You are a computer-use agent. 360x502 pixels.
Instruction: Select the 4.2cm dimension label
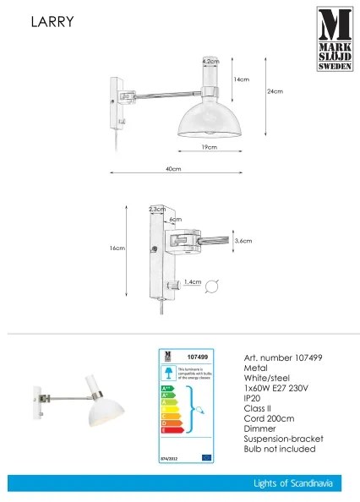[211, 62]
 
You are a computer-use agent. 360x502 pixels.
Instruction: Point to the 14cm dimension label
[243, 79]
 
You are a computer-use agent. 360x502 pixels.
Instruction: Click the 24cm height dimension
[274, 91]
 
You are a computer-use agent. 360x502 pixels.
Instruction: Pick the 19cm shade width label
[209, 146]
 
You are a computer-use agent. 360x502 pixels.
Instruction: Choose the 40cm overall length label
[173, 169]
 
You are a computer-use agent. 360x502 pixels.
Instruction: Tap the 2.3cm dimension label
[156, 208]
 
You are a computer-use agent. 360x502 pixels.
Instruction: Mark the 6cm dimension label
[176, 219]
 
